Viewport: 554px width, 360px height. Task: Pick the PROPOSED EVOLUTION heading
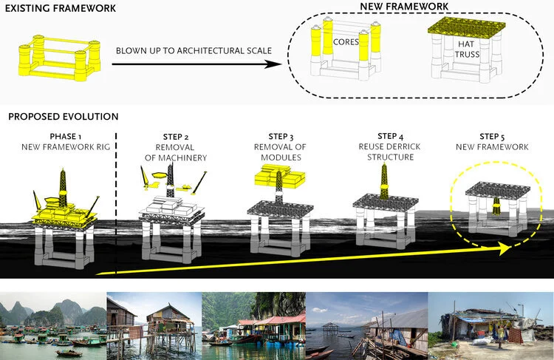[63, 117]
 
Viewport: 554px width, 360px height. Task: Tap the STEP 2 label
[177, 137]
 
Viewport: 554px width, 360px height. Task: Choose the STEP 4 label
[391, 136]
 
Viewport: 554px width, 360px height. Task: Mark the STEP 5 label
[493, 137]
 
